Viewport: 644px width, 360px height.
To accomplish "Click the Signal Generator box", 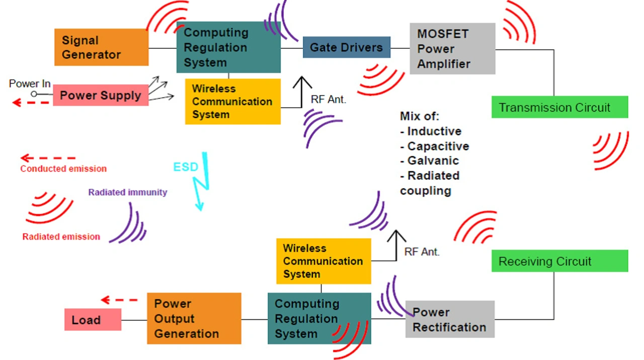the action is [102, 47].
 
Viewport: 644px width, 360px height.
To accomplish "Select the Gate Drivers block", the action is [347, 47].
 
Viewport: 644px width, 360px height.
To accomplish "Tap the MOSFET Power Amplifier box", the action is [452, 49].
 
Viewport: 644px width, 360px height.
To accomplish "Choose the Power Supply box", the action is [101, 95].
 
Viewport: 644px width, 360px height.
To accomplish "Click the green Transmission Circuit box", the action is [559, 107].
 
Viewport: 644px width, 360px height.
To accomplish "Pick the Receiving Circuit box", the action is [559, 261].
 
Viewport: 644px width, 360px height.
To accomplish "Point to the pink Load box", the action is [93, 319].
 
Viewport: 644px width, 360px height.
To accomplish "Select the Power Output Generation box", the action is [194, 318].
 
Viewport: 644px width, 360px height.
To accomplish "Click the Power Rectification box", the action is [450, 319].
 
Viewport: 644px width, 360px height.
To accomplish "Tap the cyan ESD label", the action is [186, 167].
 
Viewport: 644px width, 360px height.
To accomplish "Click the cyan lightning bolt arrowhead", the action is [200, 206].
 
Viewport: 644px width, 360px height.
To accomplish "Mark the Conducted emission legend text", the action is [63, 168].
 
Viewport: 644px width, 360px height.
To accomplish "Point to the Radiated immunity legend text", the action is [128, 192].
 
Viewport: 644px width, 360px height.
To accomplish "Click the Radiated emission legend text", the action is [61, 237].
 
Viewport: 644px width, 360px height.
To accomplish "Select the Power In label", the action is [30, 83].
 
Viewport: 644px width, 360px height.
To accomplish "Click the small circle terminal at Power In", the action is [34, 94].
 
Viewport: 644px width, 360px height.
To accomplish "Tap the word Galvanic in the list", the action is [433, 160].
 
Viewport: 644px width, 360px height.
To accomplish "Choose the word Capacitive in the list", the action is [438, 146].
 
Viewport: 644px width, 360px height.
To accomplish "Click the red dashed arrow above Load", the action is [119, 300].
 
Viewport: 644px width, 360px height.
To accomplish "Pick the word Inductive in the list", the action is [434, 131].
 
